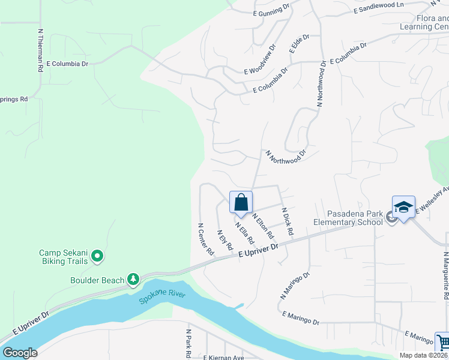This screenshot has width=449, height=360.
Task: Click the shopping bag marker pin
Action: click(241, 202)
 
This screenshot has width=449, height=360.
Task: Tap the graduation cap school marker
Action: click(403, 208)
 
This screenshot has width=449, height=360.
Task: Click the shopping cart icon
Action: click(444, 343)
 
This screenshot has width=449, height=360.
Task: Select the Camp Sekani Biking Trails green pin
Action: click(97, 257)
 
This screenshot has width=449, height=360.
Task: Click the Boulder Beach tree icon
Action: click(133, 280)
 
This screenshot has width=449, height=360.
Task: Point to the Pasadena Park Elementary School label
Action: click(348, 218)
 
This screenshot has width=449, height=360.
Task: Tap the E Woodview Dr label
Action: click(260, 59)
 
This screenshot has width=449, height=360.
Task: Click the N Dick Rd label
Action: click(288, 221)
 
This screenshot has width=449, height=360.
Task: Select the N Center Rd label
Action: click(206, 239)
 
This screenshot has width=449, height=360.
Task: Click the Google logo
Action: click(20, 353)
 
